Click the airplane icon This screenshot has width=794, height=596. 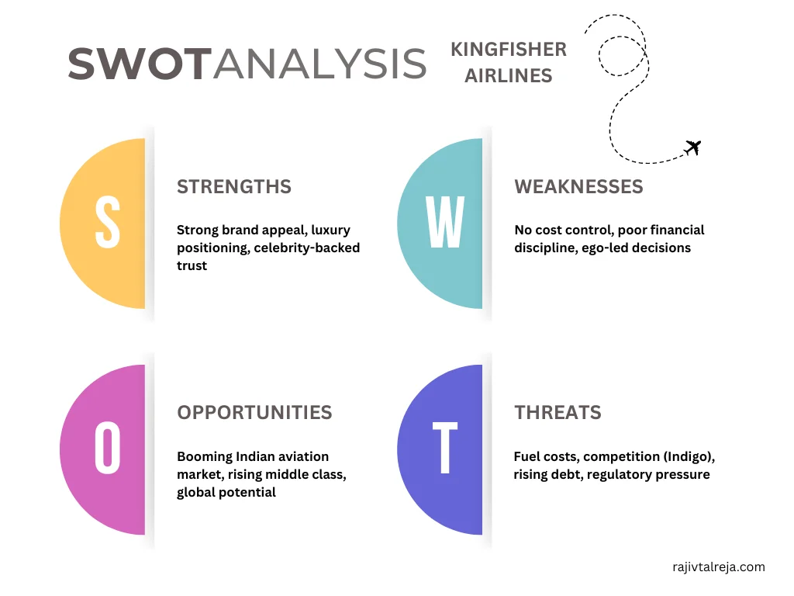click(x=692, y=147)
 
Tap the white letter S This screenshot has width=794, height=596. click(x=108, y=222)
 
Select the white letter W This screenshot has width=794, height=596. click(x=445, y=223)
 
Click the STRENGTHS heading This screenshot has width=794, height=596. click(x=234, y=187)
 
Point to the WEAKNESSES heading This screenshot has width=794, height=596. click(x=578, y=187)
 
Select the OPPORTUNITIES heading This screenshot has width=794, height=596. click(x=254, y=413)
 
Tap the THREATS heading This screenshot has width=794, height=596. click(x=558, y=413)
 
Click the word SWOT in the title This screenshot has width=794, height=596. click(x=140, y=64)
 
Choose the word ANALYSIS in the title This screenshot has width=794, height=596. click(x=319, y=64)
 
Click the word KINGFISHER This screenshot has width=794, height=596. click(x=509, y=50)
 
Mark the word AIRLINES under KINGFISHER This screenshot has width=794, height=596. click(x=509, y=76)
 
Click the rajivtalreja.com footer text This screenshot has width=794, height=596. click(x=719, y=567)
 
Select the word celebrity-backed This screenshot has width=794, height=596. click(x=307, y=248)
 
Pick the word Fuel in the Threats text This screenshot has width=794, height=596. click(x=528, y=456)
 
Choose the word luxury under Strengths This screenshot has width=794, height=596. click(x=330, y=230)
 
